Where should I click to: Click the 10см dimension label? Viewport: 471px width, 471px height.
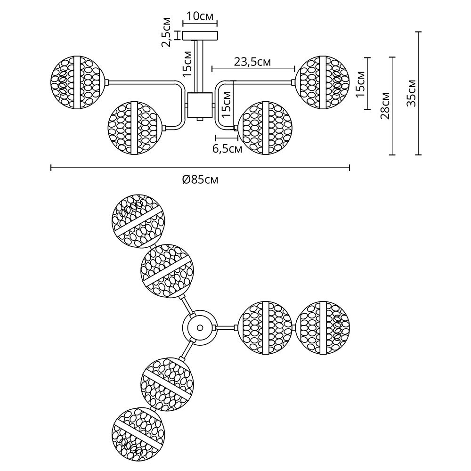pyautogui.click(x=200, y=16)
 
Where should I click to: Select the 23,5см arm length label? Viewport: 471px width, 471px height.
pyautogui.click(x=252, y=62)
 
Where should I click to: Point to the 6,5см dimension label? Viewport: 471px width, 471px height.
pyautogui.click(x=227, y=149)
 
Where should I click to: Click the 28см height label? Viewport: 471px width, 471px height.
pyautogui.click(x=385, y=106)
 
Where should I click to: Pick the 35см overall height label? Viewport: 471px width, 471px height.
pyautogui.click(x=411, y=93)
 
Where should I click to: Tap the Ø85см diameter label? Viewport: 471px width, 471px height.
pyautogui.click(x=200, y=179)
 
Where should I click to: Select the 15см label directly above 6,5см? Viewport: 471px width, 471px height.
pyautogui.click(x=227, y=105)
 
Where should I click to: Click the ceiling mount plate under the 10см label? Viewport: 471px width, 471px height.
pyautogui.click(x=200, y=36)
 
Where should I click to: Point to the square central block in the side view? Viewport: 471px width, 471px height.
pyautogui.click(x=200, y=106)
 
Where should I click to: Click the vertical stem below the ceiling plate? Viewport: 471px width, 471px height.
pyautogui.click(x=200, y=66)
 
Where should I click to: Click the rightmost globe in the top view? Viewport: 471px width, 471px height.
pyautogui.click(x=323, y=328)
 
